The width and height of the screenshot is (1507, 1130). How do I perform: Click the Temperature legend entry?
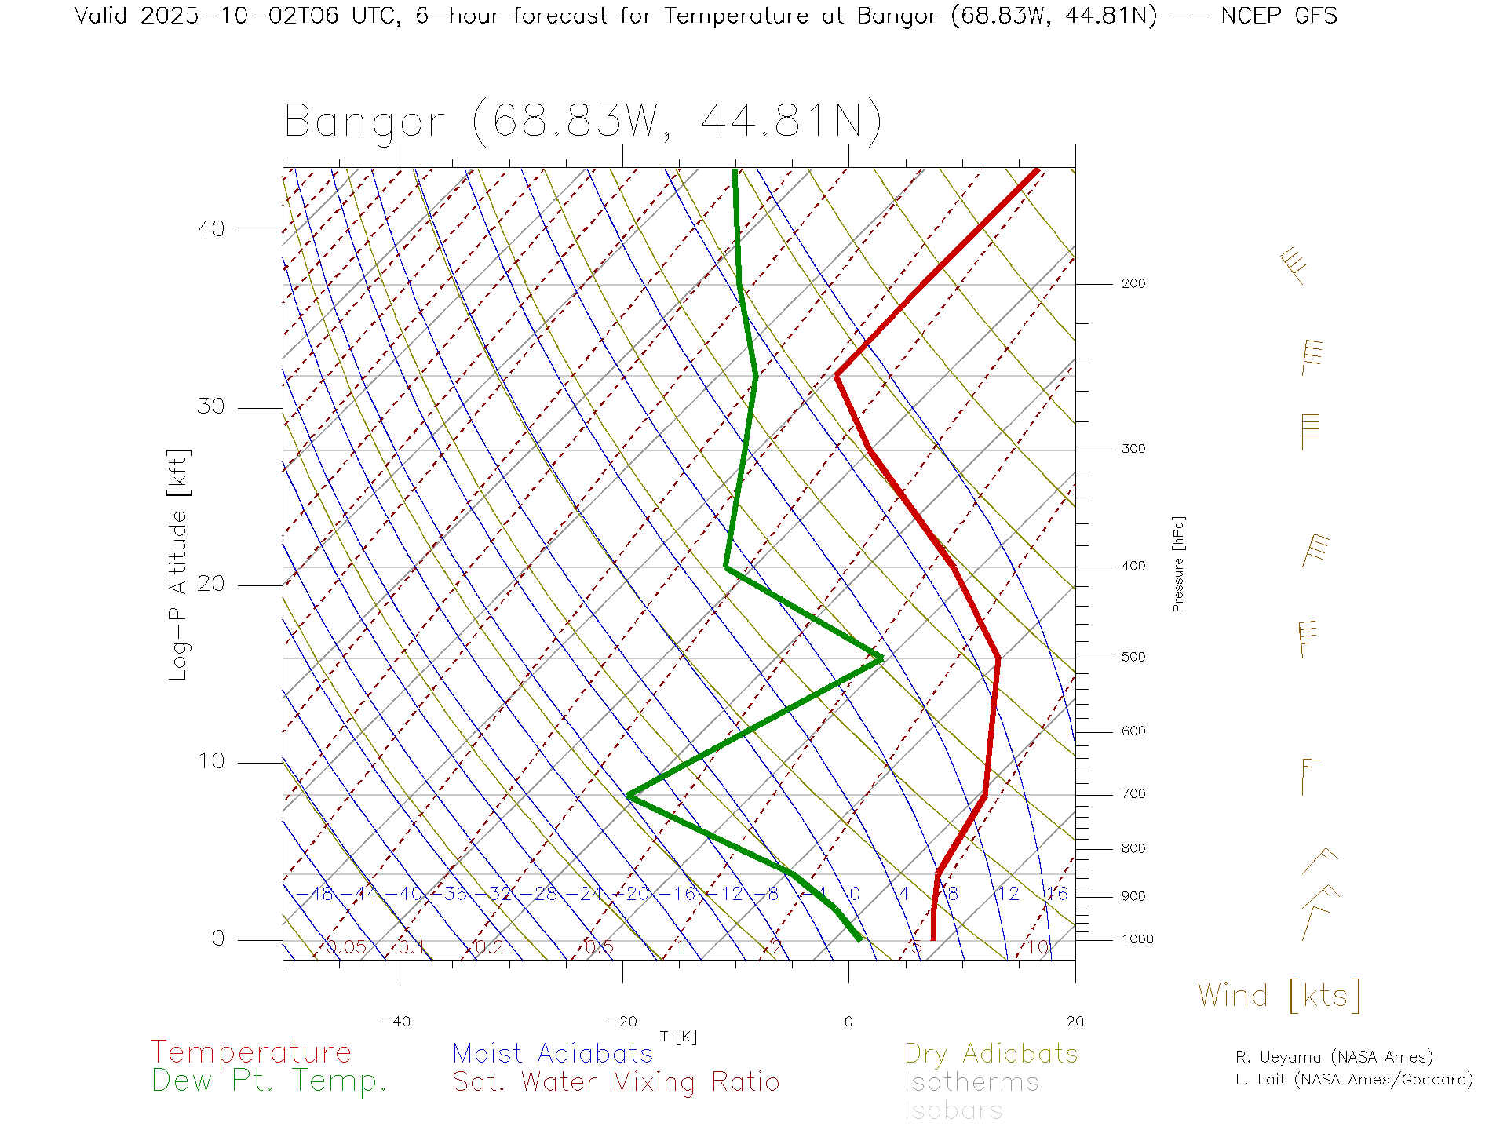pos(250,1052)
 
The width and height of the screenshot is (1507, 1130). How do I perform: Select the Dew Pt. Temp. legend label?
pos(269,1081)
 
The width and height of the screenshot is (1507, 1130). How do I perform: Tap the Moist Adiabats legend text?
pos(553,1053)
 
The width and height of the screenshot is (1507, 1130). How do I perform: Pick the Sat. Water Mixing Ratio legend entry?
pos(615,1082)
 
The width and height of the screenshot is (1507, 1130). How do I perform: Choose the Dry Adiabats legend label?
pos(991,1053)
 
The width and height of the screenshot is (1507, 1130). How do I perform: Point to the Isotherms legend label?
pos(971,1082)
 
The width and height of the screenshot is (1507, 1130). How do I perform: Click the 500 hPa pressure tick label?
pos(1133,657)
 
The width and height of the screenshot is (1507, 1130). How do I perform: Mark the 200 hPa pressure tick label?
pos(1133,283)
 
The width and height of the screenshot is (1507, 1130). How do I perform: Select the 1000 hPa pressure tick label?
pos(1137,939)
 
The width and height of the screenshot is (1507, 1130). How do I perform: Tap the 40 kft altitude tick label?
pos(210,229)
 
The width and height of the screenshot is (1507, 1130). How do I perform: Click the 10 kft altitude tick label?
pos(210,761)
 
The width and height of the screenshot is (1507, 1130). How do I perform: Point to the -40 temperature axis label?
pos(396,1022)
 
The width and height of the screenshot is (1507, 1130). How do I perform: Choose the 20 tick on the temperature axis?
pos(1075,1022)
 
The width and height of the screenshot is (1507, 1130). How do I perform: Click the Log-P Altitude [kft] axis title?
pos(179,564)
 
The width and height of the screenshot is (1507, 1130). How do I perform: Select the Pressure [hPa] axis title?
pos(1178,564)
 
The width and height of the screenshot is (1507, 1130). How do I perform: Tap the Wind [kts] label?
pos(1279,996)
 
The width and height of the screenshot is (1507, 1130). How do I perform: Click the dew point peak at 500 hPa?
pos(881,658)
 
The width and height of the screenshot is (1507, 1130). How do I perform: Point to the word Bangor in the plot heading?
pos(364,122)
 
